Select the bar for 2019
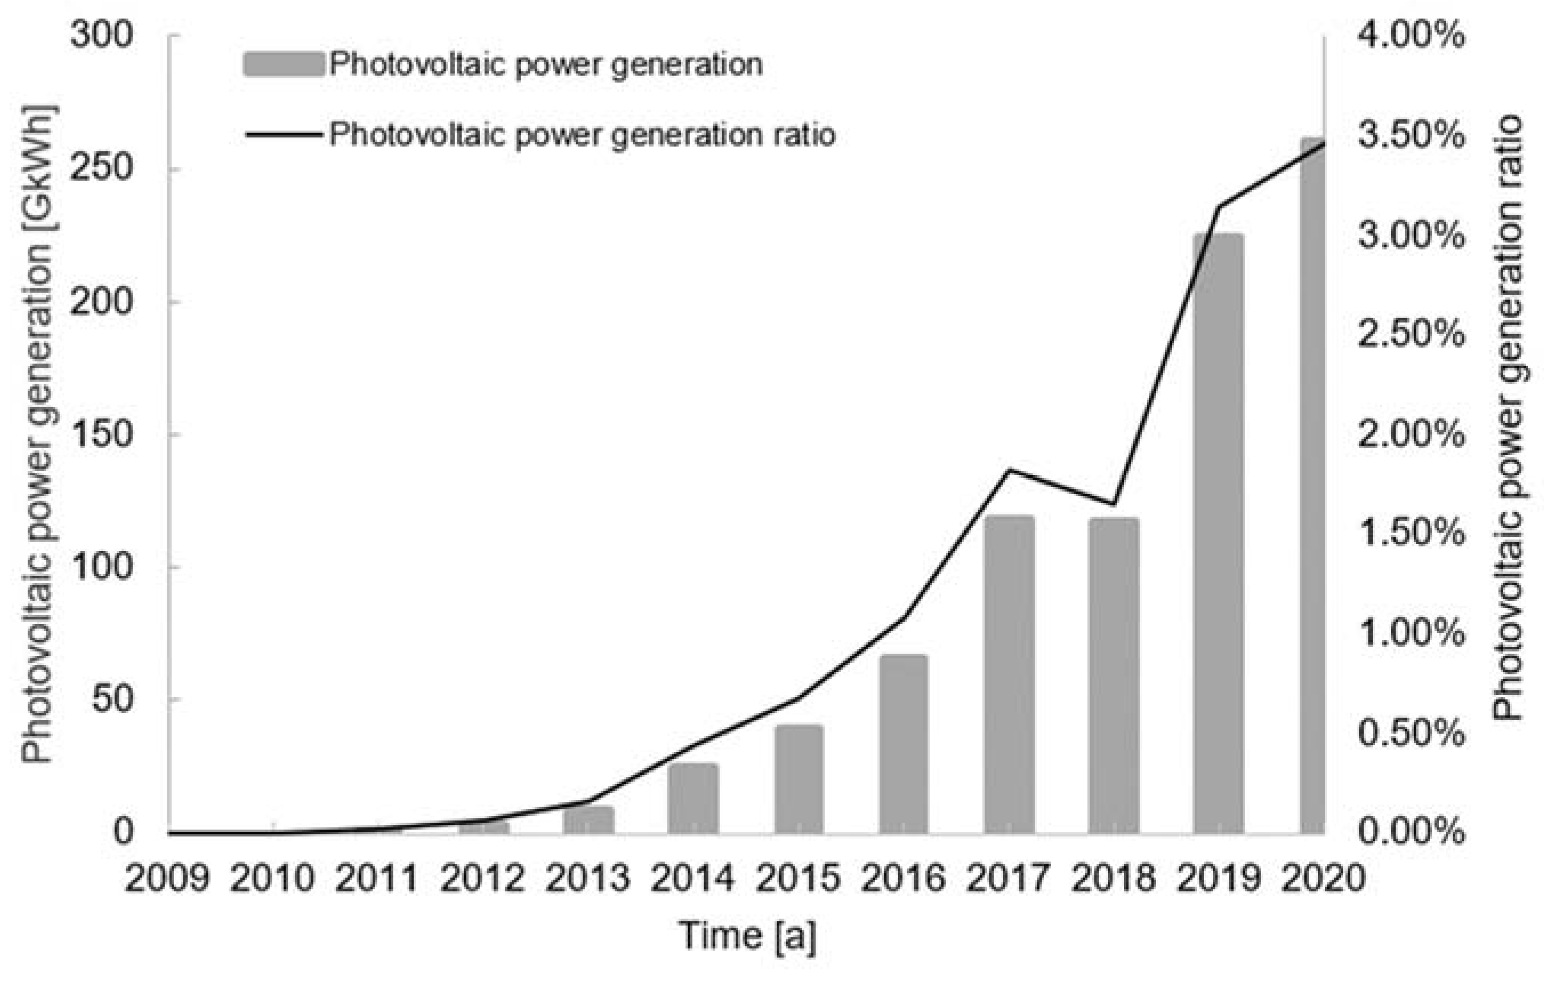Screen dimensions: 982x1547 point(1218,533)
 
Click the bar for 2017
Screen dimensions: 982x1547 point(1009,675)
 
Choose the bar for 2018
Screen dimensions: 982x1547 point(1113,675)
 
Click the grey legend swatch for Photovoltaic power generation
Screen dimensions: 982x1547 point(283,65)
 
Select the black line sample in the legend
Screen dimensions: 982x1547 point(283,135)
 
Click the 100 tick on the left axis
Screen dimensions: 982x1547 point(102,566)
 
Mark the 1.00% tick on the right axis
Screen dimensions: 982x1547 point(1412,633)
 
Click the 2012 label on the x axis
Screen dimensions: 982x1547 point(482,878)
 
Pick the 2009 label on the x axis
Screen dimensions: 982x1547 point(167,878)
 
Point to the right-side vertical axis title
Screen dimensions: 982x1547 point(1507,418)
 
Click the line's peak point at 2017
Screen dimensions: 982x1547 point(1009,470)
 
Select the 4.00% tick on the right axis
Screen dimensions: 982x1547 point(1412,35)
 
